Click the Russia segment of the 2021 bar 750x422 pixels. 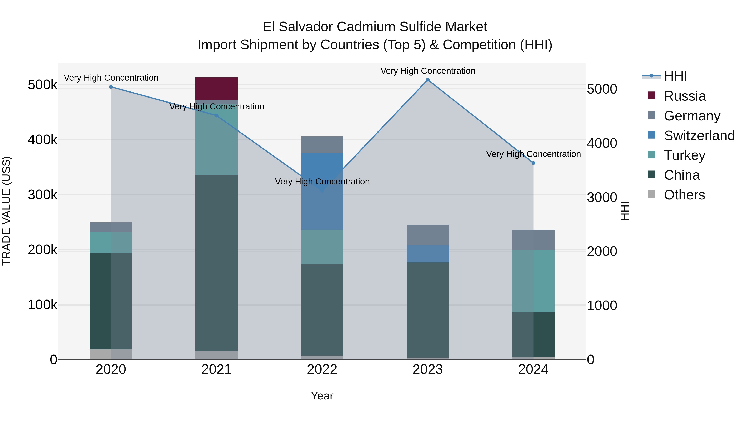216,89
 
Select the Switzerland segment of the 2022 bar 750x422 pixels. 322,191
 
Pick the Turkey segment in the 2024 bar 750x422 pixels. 533,281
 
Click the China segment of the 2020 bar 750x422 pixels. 111,301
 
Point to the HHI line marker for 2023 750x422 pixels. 428,80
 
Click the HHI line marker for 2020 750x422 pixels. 111,87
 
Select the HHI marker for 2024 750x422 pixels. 533,163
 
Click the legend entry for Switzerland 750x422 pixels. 699,135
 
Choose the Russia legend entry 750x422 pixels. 685,96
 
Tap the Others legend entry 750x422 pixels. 684,195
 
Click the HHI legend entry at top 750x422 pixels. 675,76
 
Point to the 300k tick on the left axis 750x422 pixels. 42,195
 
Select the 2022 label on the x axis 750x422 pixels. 322,369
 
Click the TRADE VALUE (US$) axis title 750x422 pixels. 7,211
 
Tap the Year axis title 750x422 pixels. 322,396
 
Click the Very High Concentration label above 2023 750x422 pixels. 428,71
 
